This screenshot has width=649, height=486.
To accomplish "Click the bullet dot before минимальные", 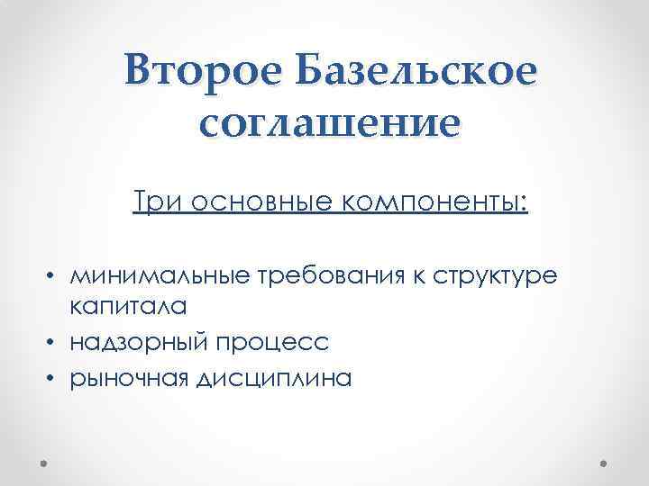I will pos(55,274).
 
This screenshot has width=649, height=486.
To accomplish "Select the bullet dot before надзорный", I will pos(55,343).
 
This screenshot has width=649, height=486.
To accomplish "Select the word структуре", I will pos(492,274).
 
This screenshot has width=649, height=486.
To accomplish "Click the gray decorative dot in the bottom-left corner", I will pos(44,462).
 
